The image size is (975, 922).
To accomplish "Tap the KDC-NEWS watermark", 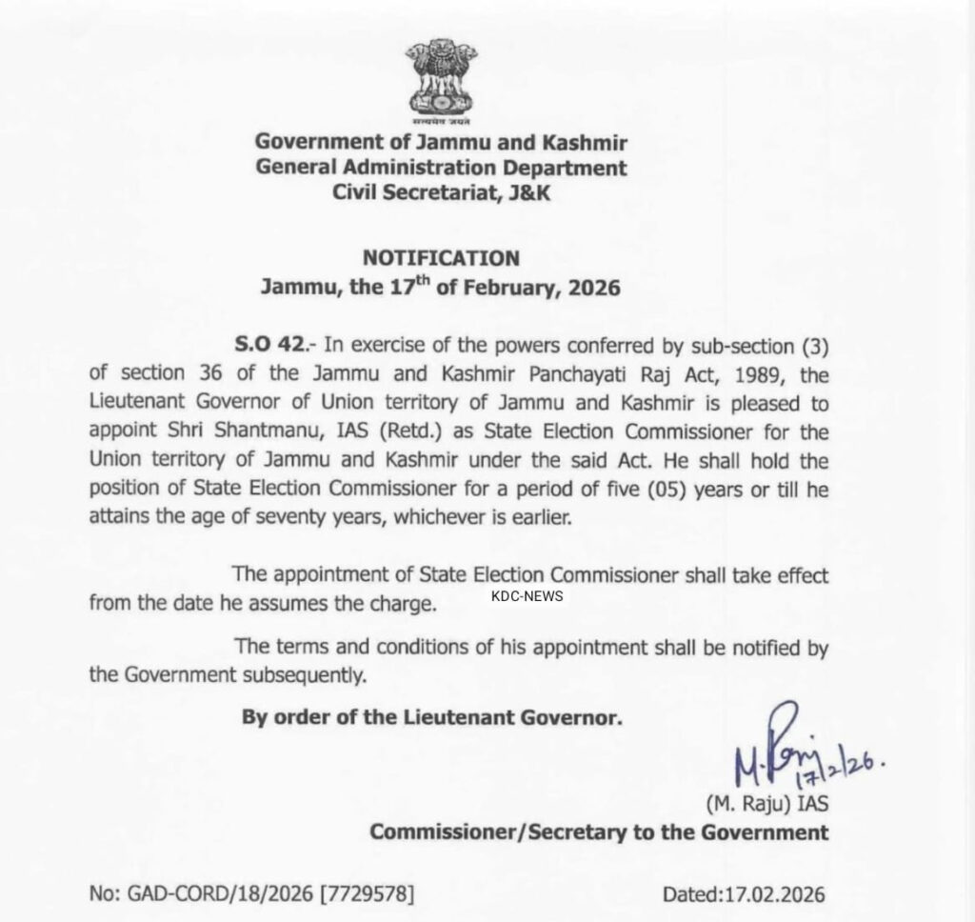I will (527, 596).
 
